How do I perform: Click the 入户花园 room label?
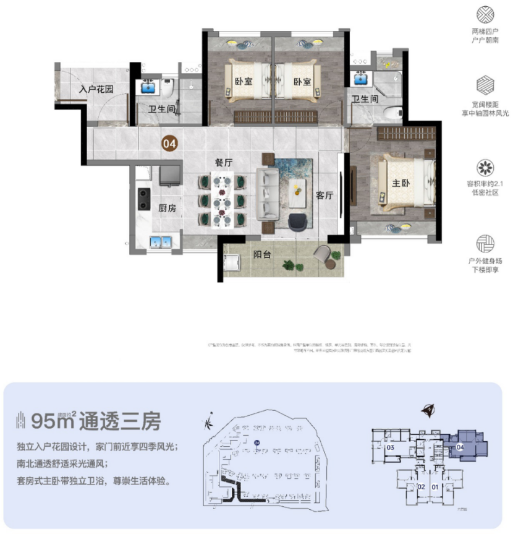[96, 89]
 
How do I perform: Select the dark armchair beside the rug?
[300, 221]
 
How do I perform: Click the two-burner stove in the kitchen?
[144, 199]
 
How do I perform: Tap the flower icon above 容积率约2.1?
[485, 166]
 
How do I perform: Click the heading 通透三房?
[123, 422]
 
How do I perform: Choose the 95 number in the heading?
[45, 422]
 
